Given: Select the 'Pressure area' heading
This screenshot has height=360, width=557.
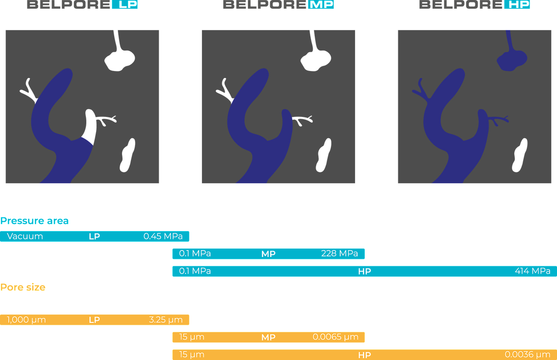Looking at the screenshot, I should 35,221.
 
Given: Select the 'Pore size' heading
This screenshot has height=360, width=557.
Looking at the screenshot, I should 23,287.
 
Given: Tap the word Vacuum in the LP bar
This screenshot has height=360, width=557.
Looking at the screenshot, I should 25,236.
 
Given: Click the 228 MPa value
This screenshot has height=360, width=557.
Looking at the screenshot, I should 339,254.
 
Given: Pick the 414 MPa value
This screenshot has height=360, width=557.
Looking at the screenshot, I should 532,271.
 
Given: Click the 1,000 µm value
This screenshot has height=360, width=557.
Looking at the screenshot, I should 26,320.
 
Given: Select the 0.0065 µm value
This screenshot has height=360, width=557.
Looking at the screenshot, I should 336,337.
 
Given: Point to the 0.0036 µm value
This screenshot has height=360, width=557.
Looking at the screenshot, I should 528,354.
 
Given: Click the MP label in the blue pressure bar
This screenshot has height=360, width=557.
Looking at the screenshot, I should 268,254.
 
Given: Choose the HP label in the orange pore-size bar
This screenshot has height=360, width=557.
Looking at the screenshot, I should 364,354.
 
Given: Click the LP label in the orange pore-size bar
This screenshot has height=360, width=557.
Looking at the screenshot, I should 94,320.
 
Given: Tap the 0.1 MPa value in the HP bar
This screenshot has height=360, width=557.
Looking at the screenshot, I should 195,271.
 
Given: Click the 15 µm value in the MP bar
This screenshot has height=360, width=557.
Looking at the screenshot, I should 192,337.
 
